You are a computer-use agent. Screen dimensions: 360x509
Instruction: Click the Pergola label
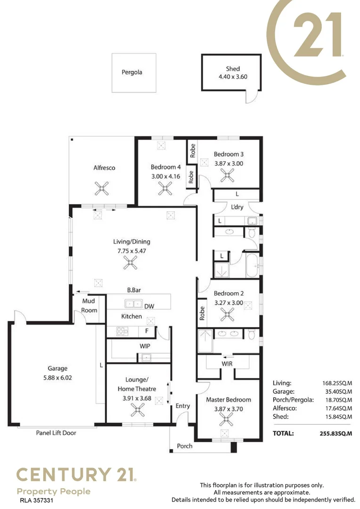click(x=132, y=72)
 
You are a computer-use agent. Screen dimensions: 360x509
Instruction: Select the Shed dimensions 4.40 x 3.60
click(x=233, y=77)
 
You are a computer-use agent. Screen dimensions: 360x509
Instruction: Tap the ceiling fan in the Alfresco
click(x=102, y=188)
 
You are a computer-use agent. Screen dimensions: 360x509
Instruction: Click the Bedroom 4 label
click(x=165, y=167)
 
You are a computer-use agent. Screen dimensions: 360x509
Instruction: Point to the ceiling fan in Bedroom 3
click(x=227, y=176)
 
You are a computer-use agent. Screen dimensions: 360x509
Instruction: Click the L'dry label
click(x=237, y=207)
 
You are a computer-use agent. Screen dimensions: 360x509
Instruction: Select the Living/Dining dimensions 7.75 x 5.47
click(x=132, y=251)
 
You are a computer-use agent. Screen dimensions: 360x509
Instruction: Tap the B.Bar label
click(x=134, y=290)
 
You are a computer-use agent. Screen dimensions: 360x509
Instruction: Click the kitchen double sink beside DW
click(x=133, y=304)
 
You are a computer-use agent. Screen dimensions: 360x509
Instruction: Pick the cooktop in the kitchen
click(x=123, y=331)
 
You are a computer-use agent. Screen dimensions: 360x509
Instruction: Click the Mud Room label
click(x=89, y=305)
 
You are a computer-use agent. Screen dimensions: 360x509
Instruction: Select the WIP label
click(x=145, y=346)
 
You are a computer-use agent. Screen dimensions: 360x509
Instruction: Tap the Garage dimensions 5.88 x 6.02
click(x=57, y=378)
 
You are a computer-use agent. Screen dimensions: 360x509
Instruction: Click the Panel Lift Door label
click(x=56, y=433)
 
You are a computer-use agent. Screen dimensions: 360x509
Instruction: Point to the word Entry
click(x=183, y=406)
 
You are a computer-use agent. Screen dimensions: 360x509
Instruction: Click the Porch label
click(x=185, y=446)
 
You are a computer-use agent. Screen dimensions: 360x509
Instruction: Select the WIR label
click(x=227, y=363)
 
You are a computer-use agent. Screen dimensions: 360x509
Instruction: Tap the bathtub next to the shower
click(x=252, y=265)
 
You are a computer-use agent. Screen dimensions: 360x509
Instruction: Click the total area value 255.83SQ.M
click(x=335, y=434)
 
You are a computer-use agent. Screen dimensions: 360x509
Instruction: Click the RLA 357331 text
click(x=36, y=501)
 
